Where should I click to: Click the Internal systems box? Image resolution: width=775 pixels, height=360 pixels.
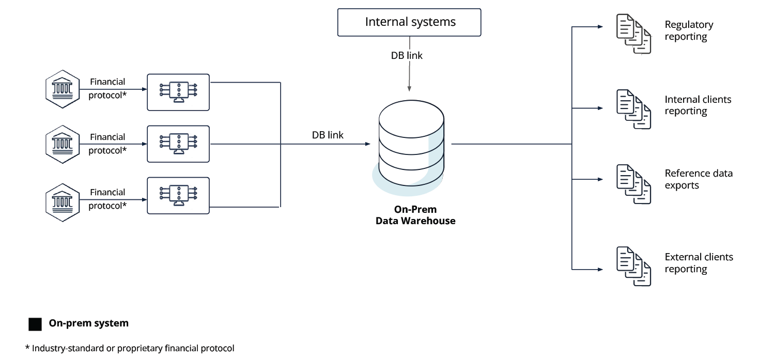[x=409, y=22]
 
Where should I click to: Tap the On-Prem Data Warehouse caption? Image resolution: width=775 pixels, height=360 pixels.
[x=415, y=215]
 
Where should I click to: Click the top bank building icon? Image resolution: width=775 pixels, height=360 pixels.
[x=63, y=89]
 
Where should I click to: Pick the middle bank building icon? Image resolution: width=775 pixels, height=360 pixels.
[x=63, y=144]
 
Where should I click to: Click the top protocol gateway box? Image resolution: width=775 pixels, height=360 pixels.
[x=178, y=92]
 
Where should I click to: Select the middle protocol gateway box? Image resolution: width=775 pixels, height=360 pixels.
[x=178, y=144]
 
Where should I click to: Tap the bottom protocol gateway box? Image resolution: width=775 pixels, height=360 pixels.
[x=178, y=196]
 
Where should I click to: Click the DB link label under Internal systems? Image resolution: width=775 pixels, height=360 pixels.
[x=407, y=56]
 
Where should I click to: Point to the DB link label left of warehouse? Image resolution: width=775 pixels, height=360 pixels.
[x=328, y=135]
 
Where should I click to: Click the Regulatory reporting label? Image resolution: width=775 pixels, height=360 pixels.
[x=688, y=30]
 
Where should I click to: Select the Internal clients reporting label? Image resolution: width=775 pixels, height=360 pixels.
[x=698, y=105]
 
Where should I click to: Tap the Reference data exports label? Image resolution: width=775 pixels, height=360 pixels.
[x=698, y=179]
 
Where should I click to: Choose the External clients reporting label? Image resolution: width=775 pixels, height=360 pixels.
[x=699, y=263]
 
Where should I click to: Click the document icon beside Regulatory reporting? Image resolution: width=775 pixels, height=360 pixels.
[x=633, y=34]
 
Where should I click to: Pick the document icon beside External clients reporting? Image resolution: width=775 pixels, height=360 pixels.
[x=633, y=267]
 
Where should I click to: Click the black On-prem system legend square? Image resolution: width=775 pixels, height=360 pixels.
[x=35, y=324]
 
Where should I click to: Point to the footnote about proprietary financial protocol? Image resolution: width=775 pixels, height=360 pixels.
[x=130, y=348]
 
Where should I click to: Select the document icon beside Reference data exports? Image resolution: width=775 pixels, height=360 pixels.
[x=633, y=184]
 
